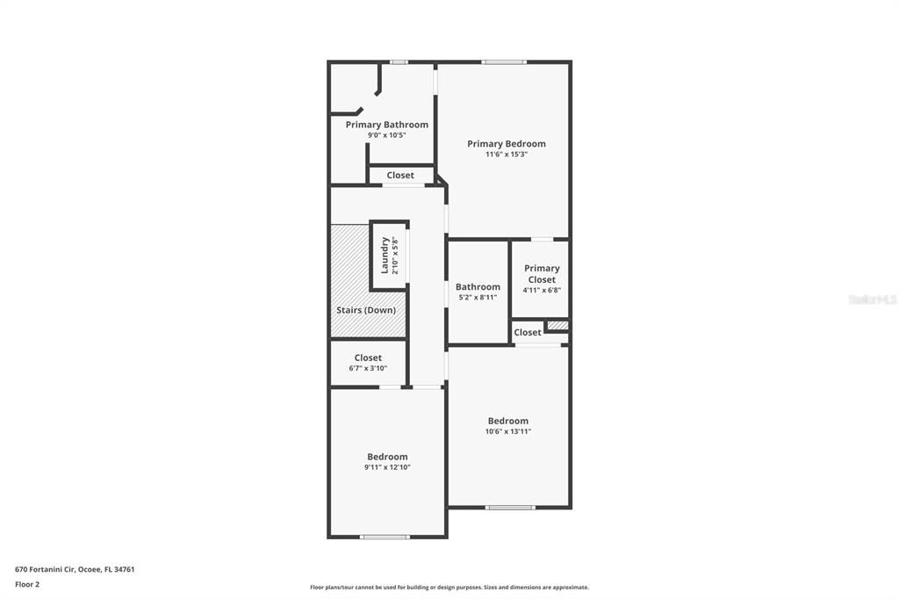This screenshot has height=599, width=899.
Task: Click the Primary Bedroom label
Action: [506, 144]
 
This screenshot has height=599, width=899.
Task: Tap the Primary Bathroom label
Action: [386, 125]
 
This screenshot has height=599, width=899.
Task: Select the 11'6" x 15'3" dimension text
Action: [506, 155]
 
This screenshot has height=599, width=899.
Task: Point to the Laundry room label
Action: [385, 255]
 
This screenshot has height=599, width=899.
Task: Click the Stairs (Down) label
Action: [366, 310]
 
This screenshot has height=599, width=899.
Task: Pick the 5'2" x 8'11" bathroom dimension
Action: [478, 298]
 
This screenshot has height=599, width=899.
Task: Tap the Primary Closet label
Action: [542, 274]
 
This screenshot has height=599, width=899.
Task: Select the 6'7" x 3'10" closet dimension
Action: [368, 368]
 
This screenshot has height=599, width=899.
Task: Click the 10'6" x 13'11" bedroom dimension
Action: [508, 431]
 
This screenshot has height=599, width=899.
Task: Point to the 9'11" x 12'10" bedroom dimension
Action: [387, 467]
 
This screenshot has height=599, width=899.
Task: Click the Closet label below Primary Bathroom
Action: [400, 176]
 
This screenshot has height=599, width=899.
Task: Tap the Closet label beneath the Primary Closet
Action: [528, 333]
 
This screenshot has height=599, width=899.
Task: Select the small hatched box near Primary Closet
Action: [557, 326]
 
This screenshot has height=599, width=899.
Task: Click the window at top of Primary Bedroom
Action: [504, 61]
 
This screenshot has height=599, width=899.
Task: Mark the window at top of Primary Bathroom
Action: [399, 61]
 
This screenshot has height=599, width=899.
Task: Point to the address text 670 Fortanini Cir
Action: [75, 569]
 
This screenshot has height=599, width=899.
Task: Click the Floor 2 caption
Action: [27, 584]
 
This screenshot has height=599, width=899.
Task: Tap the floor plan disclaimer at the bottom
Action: [449, 588]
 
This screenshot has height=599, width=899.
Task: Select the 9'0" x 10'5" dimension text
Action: [386, 135]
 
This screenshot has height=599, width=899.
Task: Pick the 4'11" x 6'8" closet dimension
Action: [542, 291]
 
